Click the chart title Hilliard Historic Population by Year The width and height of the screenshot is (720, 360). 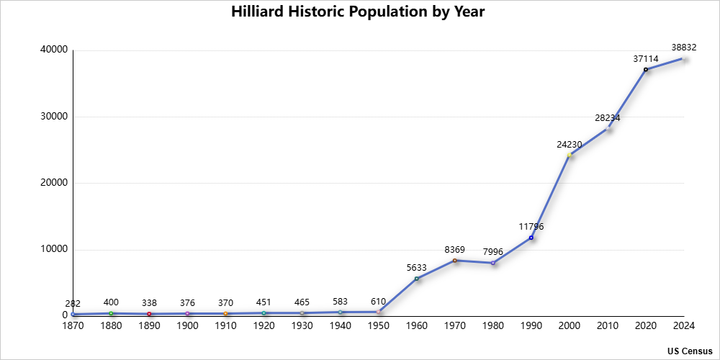(358, 12)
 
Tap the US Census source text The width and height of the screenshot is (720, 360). (689, 351)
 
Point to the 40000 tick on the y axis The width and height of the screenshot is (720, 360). (53, 50)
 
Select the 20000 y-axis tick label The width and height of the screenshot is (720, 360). (53, 183)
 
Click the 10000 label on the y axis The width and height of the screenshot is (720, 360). (53, 249)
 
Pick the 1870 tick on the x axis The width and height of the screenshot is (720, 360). (73, 326)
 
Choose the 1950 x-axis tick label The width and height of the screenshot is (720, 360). (379, 326)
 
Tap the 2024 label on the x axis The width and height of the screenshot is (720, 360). (683, 326)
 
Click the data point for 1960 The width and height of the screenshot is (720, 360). (417, 279)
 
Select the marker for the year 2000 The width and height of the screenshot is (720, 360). (570, 155)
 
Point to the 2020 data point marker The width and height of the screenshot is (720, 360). (646, 69)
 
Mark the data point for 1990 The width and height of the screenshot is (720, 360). (531, 238)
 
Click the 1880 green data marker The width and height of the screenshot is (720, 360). (111, 313)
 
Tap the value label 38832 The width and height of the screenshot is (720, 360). (684, 48)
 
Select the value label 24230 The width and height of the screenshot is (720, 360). (570, 144)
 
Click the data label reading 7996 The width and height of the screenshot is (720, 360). (493, 251)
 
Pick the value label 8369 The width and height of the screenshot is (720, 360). (455, 249)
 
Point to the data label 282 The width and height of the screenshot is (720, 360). (73, 304)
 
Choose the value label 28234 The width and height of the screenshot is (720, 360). (608, 117)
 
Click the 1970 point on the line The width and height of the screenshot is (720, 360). (455, 260)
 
